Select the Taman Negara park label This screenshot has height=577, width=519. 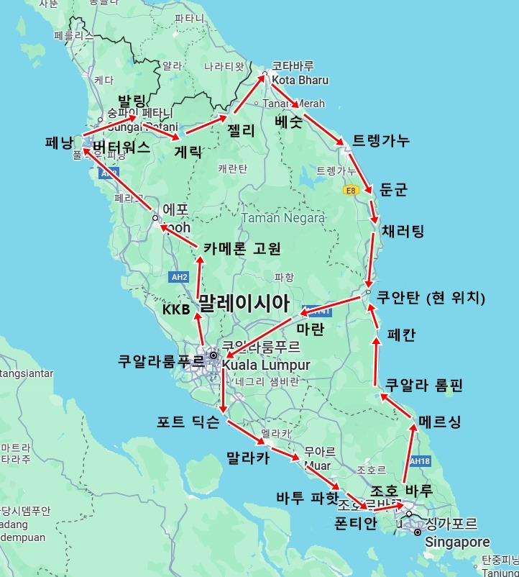283,217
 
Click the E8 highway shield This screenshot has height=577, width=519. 351,190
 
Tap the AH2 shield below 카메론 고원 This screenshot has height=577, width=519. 179,276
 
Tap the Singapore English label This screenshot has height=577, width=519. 457,542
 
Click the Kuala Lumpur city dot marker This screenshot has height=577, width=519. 213,355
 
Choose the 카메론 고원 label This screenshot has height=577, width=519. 242,248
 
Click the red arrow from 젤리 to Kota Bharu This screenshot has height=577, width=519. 247,95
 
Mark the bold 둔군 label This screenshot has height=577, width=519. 392,190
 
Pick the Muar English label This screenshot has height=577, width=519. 317,465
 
